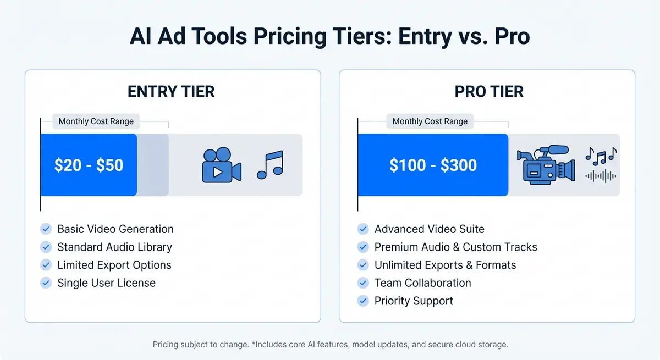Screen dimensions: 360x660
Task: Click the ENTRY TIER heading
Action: pos(171,91)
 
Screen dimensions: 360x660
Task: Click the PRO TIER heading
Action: pos(488,91)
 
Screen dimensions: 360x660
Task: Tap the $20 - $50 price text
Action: pos(89,165)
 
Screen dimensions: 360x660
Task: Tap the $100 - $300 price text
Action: pos(433,165)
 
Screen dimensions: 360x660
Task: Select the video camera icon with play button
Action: pos(221,165)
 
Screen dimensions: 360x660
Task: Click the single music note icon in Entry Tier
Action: pos(269,165)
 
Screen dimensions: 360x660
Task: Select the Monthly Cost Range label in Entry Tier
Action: pos(96,121)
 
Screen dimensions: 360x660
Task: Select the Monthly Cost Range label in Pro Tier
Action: pos(430,121)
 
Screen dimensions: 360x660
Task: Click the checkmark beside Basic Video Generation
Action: pos(46,229)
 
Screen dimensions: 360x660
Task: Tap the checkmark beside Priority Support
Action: pos(363,301)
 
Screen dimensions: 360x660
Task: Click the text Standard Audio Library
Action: pos(114,247)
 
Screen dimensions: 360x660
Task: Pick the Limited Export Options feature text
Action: pos(114,265)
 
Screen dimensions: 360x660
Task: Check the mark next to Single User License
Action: pos(46,283)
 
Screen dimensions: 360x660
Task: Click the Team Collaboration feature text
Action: pos(422,283)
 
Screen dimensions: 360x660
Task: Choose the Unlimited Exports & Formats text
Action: pos(445,265)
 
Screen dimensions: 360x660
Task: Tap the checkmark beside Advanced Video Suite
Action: pos(363,229)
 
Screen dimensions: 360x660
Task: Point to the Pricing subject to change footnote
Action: pos(330,345)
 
